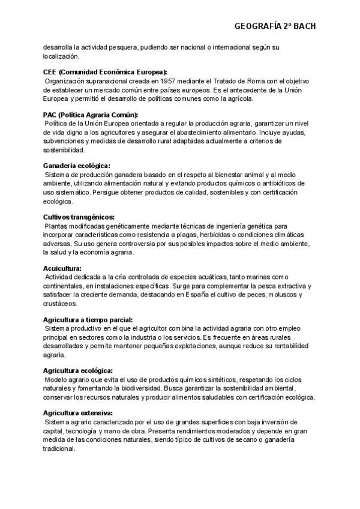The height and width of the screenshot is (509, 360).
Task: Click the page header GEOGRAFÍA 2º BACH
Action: (x=275, y=26)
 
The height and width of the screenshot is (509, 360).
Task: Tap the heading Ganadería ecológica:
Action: (x=77, y=165)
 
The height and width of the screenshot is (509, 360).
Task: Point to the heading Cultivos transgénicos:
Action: (x=79, y=217)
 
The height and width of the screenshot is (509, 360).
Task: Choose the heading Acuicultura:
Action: (x=62, y=268)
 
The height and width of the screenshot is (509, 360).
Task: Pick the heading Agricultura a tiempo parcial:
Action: (x=88, y=320)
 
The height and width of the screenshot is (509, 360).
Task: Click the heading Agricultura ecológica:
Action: (x=78, y=371)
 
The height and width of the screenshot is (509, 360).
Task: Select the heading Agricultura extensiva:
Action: (x=78, y=414)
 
